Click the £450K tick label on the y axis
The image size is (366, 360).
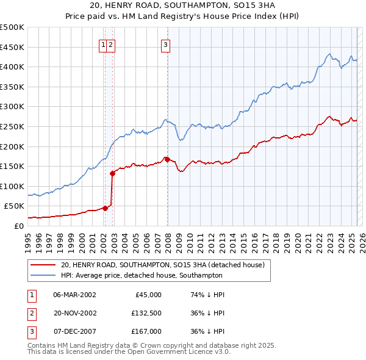click(x=12, y=47)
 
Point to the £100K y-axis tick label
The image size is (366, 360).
click(x=12, y=186)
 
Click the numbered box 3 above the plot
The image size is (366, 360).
click(x=165, y=44)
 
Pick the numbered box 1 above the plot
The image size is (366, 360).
click(x=104, y=44)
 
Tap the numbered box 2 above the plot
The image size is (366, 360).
click(x=112, y=44)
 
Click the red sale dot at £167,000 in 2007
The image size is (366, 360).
click(x=167, y=159)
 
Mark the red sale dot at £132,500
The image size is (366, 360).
click(x=113, y=173)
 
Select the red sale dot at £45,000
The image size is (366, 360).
click(x=105, y=208)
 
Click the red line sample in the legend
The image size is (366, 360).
click(x=43, y=265)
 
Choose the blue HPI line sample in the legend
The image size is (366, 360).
click(x=43, y=275)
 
